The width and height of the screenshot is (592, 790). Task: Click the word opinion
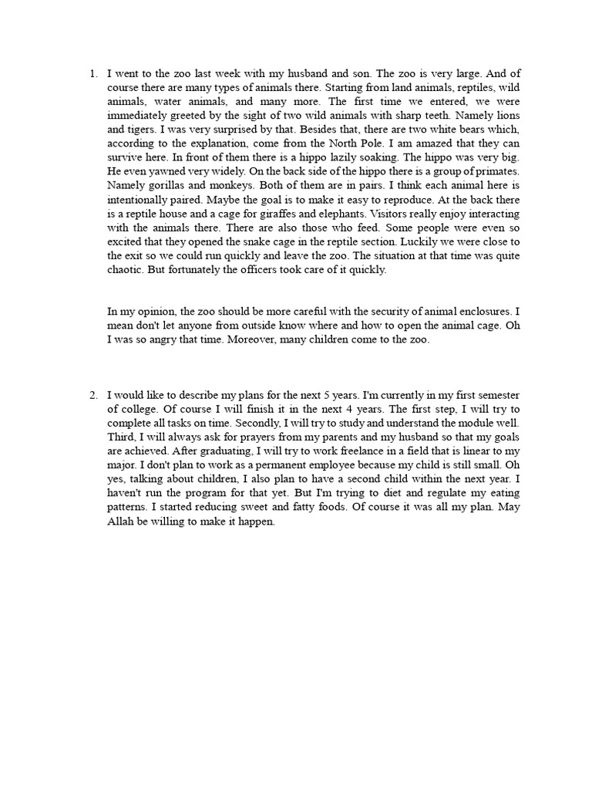[x=153, y=311]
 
